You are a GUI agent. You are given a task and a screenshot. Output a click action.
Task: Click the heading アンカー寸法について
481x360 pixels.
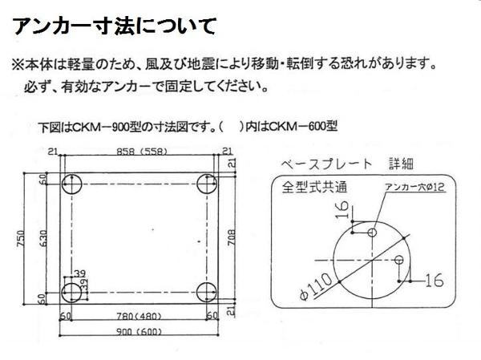tap(114, 26)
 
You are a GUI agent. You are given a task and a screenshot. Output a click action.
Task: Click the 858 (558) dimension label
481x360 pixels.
tap(142, 152)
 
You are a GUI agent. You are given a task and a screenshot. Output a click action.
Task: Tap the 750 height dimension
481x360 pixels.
tap(21, 238)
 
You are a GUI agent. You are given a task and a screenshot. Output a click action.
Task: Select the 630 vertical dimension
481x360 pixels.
tap(43, 238)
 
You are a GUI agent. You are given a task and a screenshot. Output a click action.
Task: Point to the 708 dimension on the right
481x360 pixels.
tap(232, 237)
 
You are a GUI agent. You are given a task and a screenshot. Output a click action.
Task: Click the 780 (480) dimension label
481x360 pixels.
tap(139, 316)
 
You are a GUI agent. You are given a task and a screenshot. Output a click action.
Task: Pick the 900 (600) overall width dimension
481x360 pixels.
tap(139, 332)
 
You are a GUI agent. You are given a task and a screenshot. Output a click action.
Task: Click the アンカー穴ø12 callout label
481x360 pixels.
tap(414, 187)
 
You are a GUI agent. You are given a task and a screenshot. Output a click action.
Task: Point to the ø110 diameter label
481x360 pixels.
tap(317, 286)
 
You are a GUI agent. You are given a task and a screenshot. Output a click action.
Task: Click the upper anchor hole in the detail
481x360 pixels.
tap(372, 233)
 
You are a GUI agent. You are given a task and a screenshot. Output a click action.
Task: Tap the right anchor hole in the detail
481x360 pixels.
tap(398, 260)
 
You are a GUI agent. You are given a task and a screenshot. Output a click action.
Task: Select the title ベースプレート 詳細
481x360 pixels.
tap(347, 164)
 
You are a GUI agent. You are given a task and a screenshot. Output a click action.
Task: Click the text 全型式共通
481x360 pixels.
tap(314, 187)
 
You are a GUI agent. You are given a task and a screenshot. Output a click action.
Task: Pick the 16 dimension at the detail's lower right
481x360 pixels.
tap(435, 280)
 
